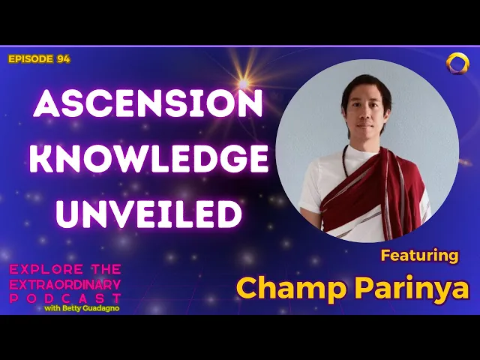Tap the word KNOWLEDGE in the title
pos(151,160)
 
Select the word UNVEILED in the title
pos(149,214)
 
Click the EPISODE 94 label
pos(39,59)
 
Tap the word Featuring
pos(419,255)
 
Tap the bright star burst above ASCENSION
pos(242,81)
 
